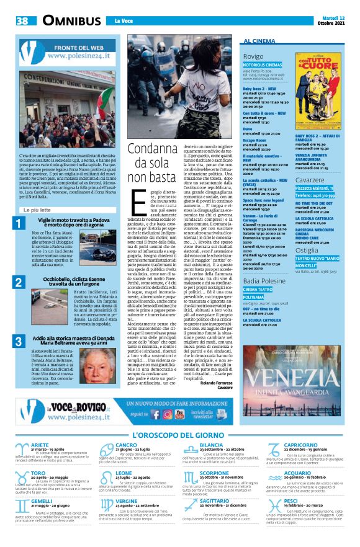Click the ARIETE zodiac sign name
40,445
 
